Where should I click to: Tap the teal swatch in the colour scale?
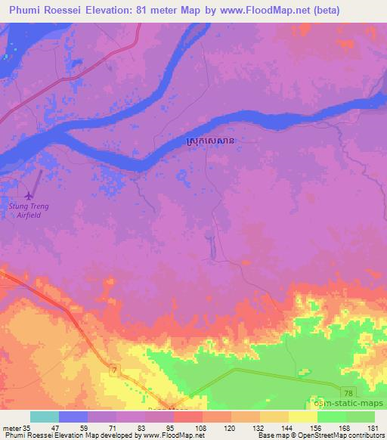pos(45,417)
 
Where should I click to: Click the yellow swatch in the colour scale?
pos(303,417)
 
